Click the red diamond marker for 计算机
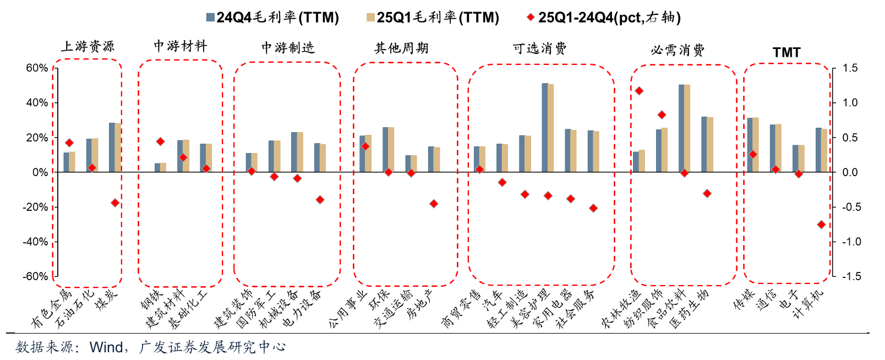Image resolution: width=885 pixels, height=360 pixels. click(821, 225)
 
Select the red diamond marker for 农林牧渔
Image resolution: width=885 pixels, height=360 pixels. click(639, 91)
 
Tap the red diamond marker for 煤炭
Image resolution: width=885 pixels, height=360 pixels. click(115, 203)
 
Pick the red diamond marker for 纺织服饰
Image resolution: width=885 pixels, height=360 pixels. click(662, 115)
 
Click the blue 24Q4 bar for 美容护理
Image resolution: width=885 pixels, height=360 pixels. click(545, 128)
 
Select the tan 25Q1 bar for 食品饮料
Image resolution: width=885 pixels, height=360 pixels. click(687, 128)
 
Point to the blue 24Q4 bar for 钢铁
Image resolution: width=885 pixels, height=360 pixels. click(157, 168)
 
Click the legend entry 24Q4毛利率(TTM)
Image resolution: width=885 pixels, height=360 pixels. click(272, 18)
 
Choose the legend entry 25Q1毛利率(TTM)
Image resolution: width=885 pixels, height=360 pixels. click(433, 18)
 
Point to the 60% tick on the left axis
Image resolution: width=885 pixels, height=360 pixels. click(37, 68)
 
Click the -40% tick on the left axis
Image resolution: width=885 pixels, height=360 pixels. click(35, 242)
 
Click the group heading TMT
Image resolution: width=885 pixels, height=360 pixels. click(786, 52)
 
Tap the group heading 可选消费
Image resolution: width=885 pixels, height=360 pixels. click(539, 49)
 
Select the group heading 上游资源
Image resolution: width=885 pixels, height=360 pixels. click(88, 46)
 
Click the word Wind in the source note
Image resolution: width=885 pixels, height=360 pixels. click(106, 347)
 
